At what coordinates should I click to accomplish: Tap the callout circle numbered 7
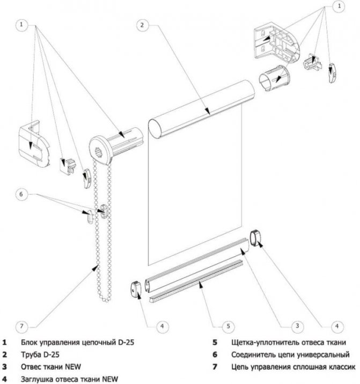click(x=21, y=324)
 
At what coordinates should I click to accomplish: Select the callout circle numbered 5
click(x=227, y=325)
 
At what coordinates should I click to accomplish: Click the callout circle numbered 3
click(x=296, y=324)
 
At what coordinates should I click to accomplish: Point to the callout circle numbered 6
click(x=21, y=193)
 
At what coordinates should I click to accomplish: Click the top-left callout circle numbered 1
click(x=21, y=24)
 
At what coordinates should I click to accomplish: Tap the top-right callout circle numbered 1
click(x=339, y=6)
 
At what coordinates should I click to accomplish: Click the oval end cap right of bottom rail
click(x=255, y=237)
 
